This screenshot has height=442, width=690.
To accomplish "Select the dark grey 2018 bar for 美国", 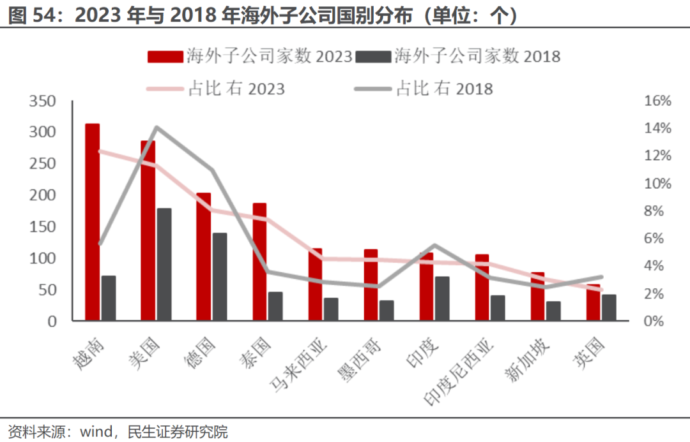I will click(x=164, y=264).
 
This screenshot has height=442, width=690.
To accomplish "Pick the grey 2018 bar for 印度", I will click(x=442, y=298).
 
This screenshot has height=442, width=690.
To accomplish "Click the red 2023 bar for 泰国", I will click(x=259, y=262).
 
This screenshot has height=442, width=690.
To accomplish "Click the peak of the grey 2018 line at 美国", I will click(x=157, y=127).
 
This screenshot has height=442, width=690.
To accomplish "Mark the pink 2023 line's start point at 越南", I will click(x=100, y=151).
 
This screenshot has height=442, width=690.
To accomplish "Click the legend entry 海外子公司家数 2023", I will click(x=250, y=56).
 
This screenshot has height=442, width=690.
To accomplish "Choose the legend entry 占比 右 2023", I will click(x=216, y=88).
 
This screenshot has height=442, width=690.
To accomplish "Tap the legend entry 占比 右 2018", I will click(x=424, y=88).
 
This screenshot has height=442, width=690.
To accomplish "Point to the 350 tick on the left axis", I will click(x=43, y=101).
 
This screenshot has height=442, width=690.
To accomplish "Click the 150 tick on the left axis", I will click(x=43, y=227).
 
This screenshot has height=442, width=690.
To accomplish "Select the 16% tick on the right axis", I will click(x=657, y=101).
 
